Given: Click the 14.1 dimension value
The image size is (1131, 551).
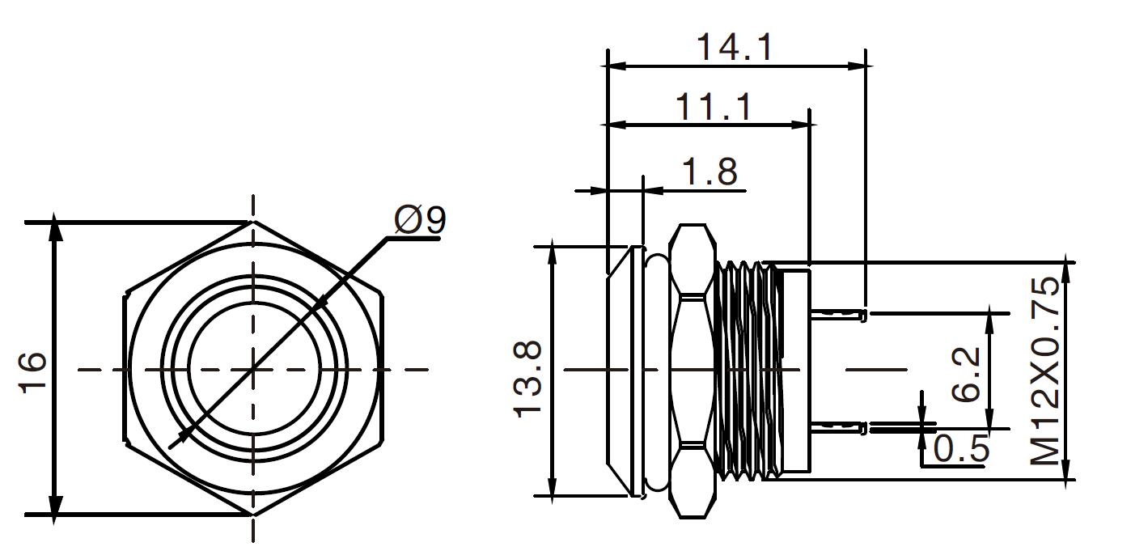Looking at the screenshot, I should coord(735,47).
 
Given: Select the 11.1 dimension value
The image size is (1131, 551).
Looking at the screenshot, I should coord(713,107).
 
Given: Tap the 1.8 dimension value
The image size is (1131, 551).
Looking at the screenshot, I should coord(710,172).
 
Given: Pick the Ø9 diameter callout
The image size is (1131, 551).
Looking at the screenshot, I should coord(420,220).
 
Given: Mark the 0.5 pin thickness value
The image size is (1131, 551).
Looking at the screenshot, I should coord(962,447).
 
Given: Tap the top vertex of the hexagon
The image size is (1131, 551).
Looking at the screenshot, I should coord(253,221).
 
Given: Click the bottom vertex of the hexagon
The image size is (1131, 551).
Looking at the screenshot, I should coord(253,515).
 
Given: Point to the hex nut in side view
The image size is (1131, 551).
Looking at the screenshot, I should coord(693,370).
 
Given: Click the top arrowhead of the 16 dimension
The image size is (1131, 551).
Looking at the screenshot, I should coord(55,228).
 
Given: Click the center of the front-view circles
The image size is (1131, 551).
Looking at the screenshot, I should coord(254,370).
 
